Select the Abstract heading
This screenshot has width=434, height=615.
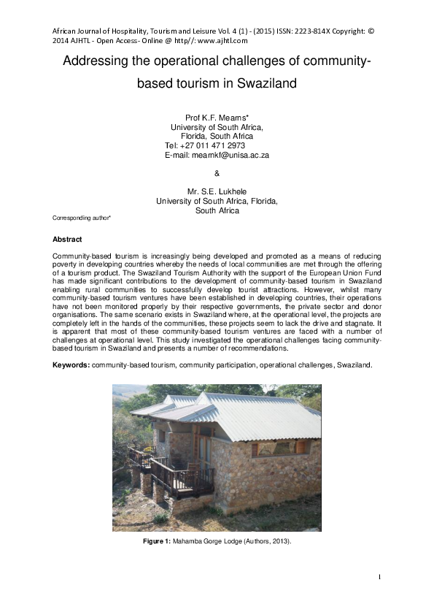67,240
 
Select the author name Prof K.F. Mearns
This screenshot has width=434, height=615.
217,117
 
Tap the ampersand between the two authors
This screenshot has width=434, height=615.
217,173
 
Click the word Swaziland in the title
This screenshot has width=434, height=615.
266,83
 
